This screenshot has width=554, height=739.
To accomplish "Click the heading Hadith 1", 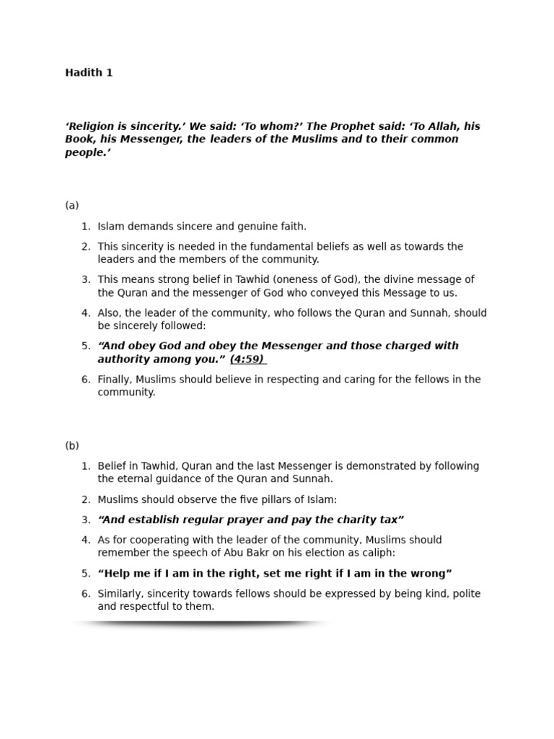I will (89, 73).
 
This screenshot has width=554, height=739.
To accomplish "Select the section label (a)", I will (72, 206).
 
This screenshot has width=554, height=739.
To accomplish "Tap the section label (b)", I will (72, 446).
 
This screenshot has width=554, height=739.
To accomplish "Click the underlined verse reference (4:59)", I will (247, 359).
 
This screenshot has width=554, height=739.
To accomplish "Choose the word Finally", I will (116, 380).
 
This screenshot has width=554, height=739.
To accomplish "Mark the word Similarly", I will (122, 594).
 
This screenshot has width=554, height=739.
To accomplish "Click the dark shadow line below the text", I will (202, 623).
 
